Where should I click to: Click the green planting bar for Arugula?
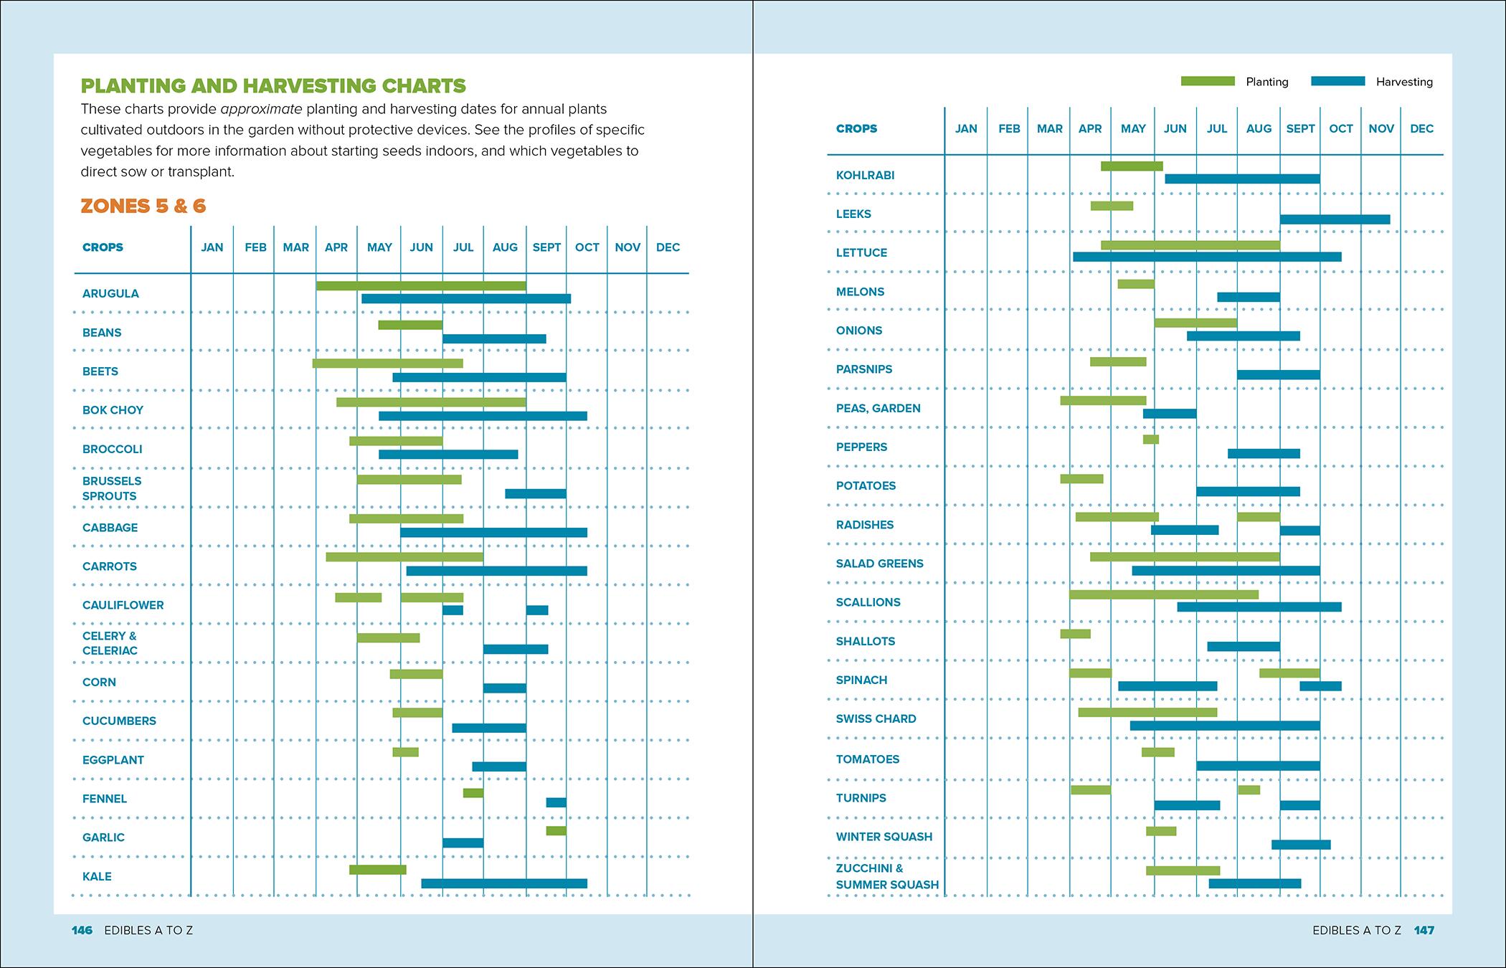click(421, 286)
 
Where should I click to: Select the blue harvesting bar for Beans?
click(494, 338)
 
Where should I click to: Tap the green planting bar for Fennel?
click(473, 793)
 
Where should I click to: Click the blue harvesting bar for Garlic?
click(463, 843)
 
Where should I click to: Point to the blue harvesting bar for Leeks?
click(1335, 219)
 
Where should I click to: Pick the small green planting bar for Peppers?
click(1150, 440)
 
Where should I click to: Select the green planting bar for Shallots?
click(1075, 634)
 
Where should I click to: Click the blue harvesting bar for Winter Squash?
click(1301, 845)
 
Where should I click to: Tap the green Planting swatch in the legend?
click(1208, 82)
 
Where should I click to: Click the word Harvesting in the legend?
click(1403, 82)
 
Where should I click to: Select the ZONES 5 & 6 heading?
click(143, 207)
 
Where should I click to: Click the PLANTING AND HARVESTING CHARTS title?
click(273, 86)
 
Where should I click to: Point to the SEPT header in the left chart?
click(546, 247)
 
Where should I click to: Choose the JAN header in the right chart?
click(966, 129)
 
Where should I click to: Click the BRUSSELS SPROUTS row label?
click(112, 488)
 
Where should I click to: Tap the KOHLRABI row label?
click(865, 176)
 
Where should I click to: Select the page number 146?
click(82, 930)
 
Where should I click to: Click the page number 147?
click(1424, 930)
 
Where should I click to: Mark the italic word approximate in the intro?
click(262, 110)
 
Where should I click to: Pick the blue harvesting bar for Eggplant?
click(498, 767)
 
